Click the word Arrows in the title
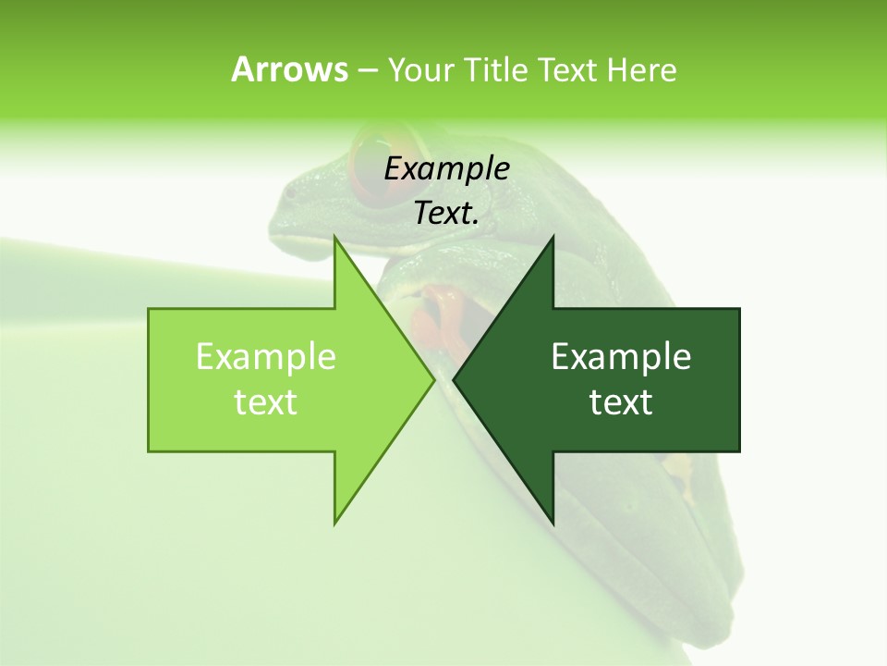pyautogui.click(x=289, y=69)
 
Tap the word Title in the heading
pyautogui.click(x=495, y=69)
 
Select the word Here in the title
pyautogui.click(x=642, y=69)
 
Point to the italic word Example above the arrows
pyautogui.click(x=446, y=169)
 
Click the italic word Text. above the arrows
pyautogui.click(x=446, y=214)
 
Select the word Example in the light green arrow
pyautogui.click(x=265, y=356)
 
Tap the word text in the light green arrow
pyautogui.click(x=265, y=401)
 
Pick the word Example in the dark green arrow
pyautogui.click(x=621, y=356)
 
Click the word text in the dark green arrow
pyautogui.click(x=621, y=401)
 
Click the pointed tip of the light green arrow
pyautogui.click(x=432, y=379)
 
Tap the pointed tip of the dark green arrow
pyautogui.click(x=455, y=379)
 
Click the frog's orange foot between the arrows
pyautogui.click(x=442, y=314)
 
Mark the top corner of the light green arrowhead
pyautogui.click(x=334, y=238)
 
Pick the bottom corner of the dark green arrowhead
pyautogui.click(x=553, y=524)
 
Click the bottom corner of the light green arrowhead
pyautogui.click(x=334, y=524)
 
